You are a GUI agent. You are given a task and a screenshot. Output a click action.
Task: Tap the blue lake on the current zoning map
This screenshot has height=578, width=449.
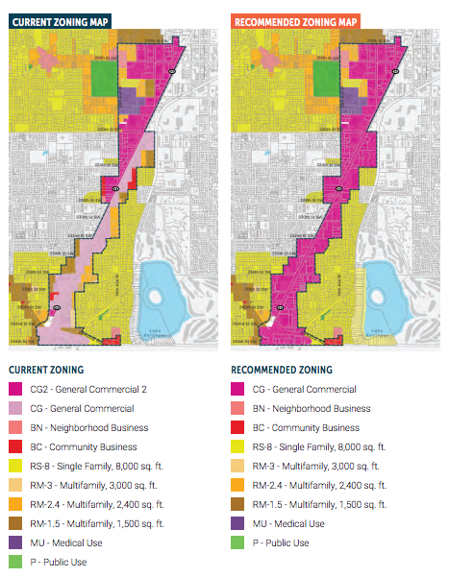[x=167, y=292]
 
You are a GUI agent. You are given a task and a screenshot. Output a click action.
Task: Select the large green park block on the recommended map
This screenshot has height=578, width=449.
[x=308, y=76]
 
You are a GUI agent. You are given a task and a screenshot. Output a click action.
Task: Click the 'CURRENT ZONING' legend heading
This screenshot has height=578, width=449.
[x=46, y=370]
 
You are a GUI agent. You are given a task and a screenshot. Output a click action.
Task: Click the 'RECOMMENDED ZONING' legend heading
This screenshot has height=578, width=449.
[x=282, y=370]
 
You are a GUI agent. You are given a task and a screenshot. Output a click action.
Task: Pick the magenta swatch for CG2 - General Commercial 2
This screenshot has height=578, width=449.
[x=14, y=390]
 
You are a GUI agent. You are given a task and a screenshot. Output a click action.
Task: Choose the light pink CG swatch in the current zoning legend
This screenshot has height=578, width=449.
[x=14, y=409]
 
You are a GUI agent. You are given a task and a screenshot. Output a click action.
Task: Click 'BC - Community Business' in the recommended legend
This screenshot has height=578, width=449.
[x=306, y=428]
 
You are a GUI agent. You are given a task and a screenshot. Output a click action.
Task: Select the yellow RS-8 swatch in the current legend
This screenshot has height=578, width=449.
[x=14, y=467]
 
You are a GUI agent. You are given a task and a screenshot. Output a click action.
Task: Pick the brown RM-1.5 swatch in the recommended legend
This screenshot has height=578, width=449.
[x=238, y=505]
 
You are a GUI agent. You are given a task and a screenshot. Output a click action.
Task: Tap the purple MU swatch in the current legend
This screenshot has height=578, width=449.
[x=14, y=543]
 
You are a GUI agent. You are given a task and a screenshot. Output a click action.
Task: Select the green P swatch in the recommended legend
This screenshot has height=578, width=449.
[x=238, y=543]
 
